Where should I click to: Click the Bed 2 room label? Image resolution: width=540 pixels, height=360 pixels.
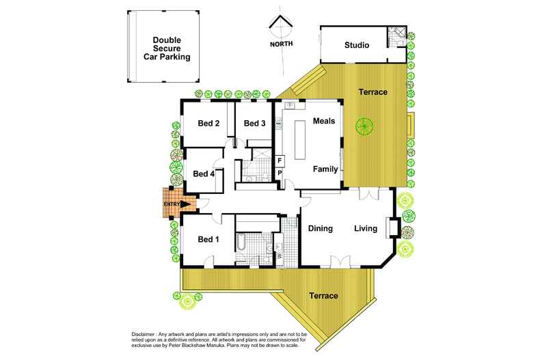208,124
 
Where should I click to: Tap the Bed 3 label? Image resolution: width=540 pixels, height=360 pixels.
254,124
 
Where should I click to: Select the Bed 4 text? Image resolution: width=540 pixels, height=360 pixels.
204,174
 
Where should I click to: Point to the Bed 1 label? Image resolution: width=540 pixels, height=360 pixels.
208,239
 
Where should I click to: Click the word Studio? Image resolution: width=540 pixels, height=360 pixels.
356,46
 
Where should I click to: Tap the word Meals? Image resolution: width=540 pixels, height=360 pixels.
324,121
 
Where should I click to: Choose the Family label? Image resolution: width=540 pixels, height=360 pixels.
325,168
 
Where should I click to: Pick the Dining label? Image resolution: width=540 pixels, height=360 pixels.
319,228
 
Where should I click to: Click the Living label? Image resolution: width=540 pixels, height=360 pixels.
365,228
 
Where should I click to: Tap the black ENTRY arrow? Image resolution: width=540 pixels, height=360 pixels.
185,203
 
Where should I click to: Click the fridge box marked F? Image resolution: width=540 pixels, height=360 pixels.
280,161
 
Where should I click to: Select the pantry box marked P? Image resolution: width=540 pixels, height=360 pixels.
280,174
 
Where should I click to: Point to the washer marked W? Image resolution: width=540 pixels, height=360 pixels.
280,255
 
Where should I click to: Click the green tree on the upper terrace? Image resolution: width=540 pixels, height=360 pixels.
362,126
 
